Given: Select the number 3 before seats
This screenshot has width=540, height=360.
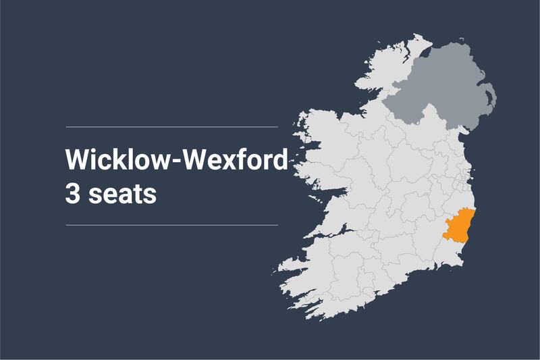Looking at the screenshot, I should tap(72, 193).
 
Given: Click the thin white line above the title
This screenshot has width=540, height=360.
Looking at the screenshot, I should tap(171, 126).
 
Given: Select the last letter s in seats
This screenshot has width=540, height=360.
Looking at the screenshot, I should tap(151, 195).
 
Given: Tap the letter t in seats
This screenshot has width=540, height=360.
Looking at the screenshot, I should tap(138, 193).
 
